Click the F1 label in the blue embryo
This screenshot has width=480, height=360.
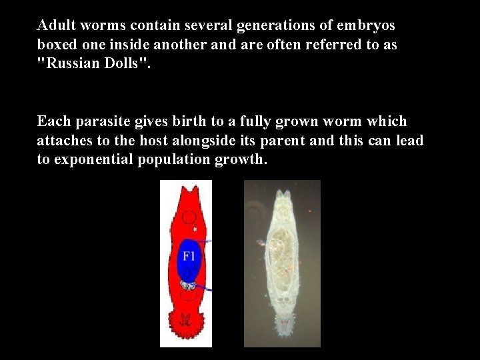pos(189,255)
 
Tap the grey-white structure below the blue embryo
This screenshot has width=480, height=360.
pos(189,285)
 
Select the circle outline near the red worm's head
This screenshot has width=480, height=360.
pos(189,217)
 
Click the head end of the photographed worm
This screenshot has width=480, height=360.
pos(283,197)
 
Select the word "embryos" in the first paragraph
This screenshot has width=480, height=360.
pos(367,25)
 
